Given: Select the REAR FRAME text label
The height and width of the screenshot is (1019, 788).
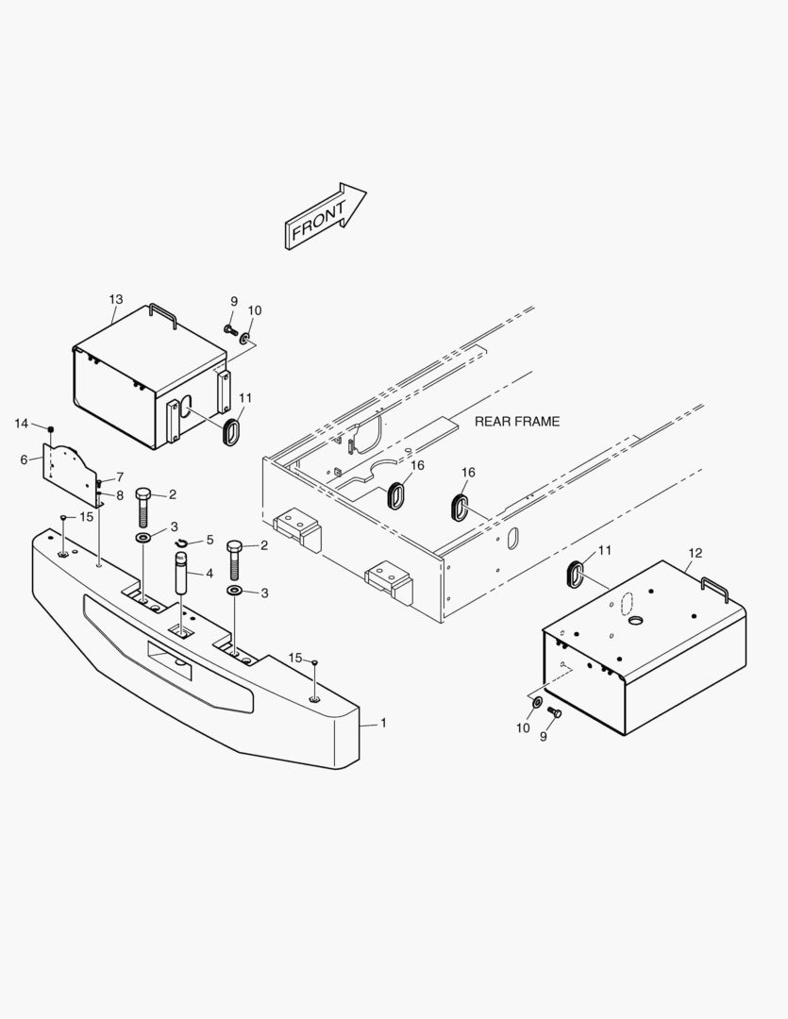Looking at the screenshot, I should [516, 422].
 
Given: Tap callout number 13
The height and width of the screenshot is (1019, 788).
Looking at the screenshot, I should [115, 299].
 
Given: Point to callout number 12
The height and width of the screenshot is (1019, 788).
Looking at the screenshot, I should [696, 553].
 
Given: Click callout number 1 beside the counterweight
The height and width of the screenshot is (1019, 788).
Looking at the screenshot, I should [383, 723].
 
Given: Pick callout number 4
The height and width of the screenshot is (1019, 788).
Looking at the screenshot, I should [209, 573].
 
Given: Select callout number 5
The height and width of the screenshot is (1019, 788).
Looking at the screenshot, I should [210, 541].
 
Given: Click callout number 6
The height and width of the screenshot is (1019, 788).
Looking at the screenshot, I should [24, 459].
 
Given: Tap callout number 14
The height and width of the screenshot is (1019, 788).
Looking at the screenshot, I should [22, 424].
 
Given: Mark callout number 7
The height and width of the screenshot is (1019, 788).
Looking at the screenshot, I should [120, 476].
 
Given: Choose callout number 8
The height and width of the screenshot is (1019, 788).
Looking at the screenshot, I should [120, 494].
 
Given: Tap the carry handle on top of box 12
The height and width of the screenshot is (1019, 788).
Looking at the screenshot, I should [712, 588].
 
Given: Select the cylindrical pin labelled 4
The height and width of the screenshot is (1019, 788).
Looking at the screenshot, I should [180, 575].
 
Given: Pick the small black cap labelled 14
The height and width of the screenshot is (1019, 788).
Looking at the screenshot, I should [50, 429].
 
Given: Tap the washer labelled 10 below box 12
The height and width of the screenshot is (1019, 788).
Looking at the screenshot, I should [537, 703].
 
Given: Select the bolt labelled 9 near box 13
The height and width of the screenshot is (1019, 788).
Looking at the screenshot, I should [230, 329].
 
